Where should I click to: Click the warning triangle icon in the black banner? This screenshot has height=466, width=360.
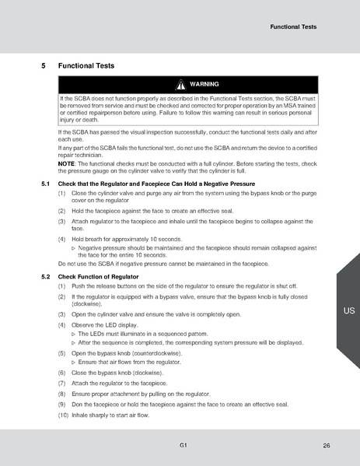[x=180, y=84]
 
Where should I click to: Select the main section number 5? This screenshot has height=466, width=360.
[x=43, y=66]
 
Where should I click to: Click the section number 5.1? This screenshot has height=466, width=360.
[x=45, y=183]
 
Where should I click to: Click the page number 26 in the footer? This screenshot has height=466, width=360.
[x=327, y=446]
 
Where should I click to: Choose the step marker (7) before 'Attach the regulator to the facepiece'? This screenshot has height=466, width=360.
[x=62, y=383]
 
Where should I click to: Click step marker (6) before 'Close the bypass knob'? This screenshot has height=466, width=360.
[x=62, y=373]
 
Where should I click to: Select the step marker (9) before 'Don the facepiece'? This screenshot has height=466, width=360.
[x=62, y=403]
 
